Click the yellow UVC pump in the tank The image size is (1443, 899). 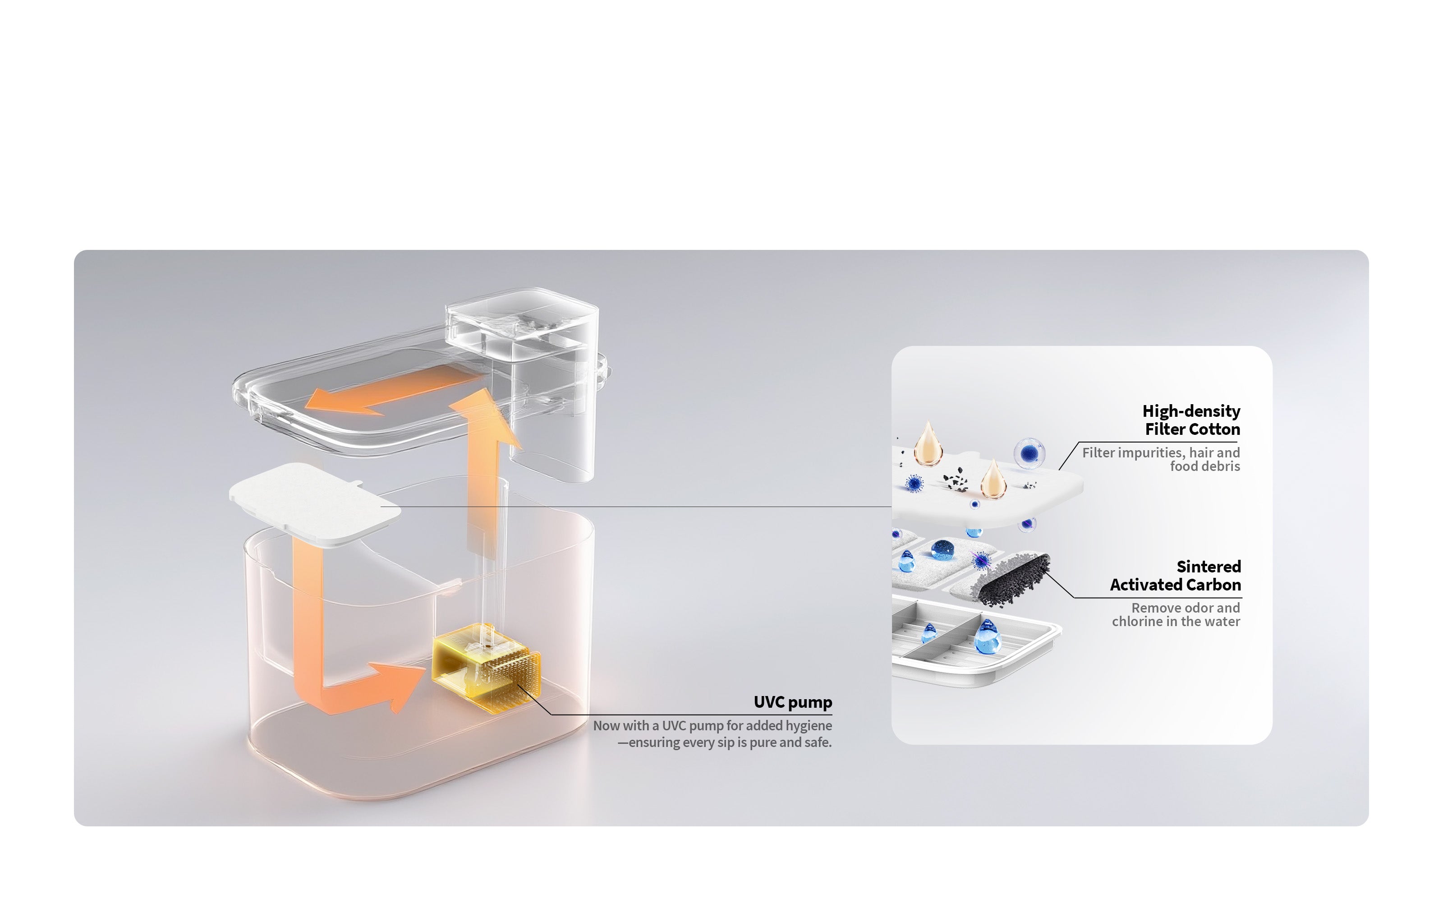(487, 667)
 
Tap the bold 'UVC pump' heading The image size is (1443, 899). (793, 702)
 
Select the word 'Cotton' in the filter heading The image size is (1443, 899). (1217, 429)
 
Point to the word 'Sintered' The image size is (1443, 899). (1209, 567)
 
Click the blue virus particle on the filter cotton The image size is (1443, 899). (915, 484)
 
